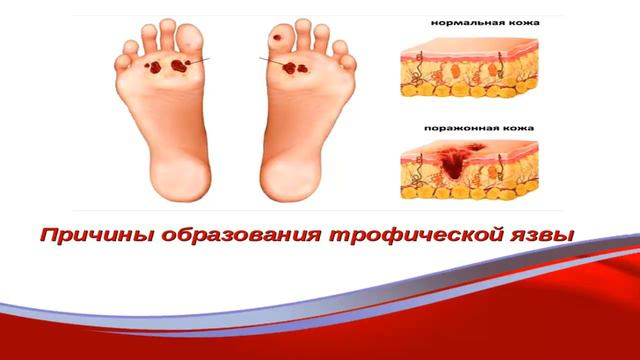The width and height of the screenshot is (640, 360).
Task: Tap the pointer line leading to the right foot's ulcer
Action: click(x=270, y=63)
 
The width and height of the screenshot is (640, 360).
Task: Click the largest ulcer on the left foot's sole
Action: click(x=180, y=67)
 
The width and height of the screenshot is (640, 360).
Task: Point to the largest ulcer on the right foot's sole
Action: click(x=296, y=69)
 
